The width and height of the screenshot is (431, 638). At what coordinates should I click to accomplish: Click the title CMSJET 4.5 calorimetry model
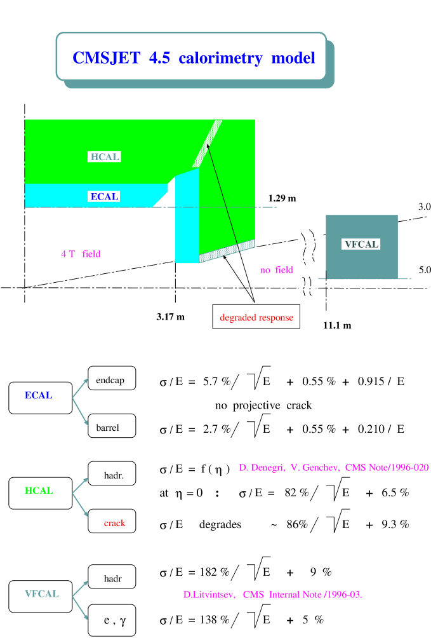[194, 58]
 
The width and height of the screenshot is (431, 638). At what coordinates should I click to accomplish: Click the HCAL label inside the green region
[105, 157]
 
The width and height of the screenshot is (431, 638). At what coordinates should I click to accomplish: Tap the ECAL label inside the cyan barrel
[105, 196]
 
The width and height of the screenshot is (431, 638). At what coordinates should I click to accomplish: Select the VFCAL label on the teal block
[361, 244]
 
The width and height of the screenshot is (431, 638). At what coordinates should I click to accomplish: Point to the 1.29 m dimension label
[281, 199]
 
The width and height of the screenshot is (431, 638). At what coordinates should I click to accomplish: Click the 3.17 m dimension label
[169, 316]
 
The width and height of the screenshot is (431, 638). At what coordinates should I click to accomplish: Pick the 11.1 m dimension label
[336, 325]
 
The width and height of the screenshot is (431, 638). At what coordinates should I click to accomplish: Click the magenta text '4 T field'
[81, 254]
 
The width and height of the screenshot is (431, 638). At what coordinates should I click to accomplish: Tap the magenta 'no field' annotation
[276, 270]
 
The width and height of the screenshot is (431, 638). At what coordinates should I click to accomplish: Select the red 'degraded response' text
[256, 317]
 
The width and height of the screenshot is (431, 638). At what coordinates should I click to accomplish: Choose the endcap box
[112, 381]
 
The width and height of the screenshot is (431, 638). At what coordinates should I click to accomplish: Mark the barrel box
[112, 428]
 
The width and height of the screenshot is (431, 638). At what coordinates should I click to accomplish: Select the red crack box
[112, 523]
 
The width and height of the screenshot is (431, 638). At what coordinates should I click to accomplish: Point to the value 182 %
[215, 572]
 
